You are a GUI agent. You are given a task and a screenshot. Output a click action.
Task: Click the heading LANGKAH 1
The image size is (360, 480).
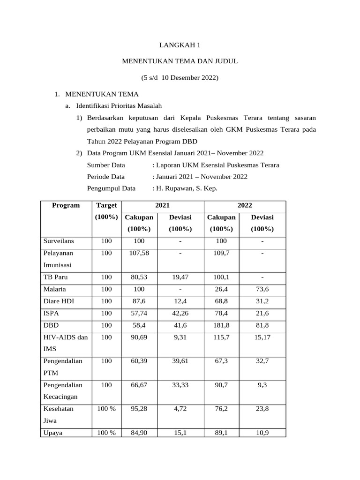180,45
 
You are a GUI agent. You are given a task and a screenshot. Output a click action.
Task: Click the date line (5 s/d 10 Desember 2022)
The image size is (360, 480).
180,77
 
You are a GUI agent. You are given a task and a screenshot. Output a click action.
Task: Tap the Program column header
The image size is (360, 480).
66,205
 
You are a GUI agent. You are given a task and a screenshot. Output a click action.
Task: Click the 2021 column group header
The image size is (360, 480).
163,205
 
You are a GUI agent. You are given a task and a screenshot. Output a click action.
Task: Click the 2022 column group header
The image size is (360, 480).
244,205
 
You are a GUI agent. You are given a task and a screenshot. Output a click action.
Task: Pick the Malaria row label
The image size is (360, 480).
55,289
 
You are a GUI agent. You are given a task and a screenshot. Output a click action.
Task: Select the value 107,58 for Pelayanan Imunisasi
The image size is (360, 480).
139,253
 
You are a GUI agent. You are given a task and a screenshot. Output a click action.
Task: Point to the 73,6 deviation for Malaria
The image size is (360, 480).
262,289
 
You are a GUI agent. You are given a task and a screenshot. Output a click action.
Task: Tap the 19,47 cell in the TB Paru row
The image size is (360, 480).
180,277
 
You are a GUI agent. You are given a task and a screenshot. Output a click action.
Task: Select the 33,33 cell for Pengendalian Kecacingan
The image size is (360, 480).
180,385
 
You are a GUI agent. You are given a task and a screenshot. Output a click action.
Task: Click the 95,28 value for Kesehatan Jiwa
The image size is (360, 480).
139,409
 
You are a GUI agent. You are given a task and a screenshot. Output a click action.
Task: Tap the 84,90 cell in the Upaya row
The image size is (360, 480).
139,433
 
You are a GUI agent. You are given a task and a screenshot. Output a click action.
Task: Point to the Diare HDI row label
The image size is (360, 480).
58,301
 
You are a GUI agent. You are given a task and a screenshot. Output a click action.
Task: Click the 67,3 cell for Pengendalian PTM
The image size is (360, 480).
221,361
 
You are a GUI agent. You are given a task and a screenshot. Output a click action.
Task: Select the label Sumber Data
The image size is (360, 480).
106,165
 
